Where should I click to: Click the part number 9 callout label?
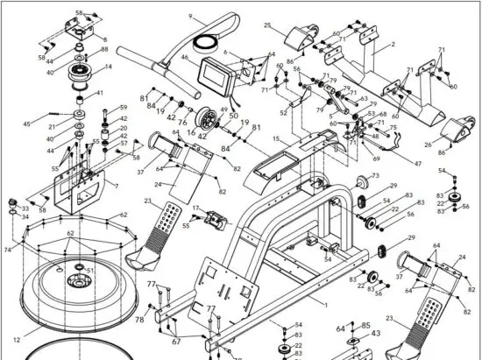(190, 17)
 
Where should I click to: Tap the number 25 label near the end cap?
(267, 26)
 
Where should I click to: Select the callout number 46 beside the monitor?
(185, 58)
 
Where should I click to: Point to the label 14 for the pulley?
(110, 67)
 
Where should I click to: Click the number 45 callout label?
(27, 123)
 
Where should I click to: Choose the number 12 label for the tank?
(17, 339)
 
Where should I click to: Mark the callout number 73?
(375, 176)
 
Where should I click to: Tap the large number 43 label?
(377, 333)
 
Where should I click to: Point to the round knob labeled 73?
(358, 184)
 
